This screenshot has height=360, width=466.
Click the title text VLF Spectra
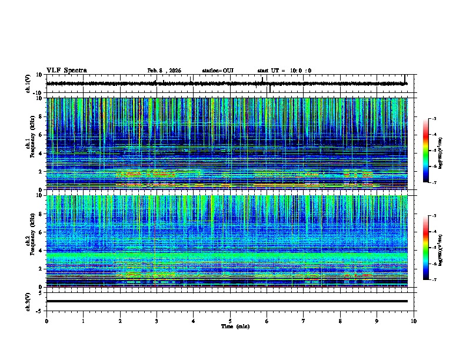click(66, 71)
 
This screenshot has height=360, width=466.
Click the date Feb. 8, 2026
click(164, 71)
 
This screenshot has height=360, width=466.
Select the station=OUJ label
click(218, 71)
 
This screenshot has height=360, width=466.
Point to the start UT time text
click(284, 71)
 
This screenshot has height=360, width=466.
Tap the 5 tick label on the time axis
click(230, 321)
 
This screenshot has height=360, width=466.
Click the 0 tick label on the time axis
click(46, 321)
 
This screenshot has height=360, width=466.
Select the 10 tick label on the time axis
click(414, 321)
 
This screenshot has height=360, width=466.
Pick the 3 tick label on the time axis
click(157, 321)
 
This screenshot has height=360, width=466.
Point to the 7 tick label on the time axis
click(304, 321)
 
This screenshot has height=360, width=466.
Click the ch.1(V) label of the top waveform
click(28, 84)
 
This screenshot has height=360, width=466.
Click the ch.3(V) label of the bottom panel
click(28, 301)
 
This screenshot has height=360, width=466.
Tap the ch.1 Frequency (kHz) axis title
click(29, 144)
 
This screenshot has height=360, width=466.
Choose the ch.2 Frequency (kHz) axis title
click(29, 241)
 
